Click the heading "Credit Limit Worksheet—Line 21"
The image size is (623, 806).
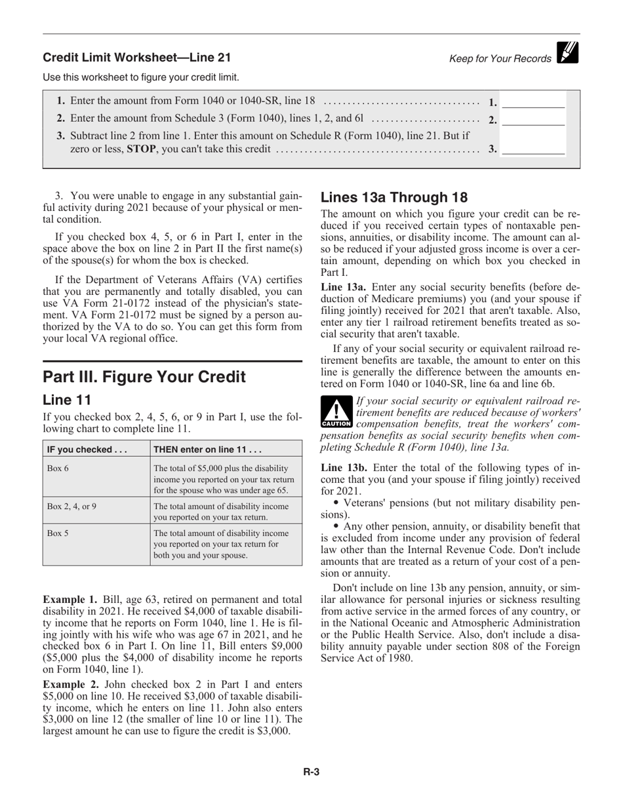[x=136, y=58]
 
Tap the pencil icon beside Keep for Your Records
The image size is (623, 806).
[x=567, y=53]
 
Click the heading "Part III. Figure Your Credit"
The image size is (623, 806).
[x=144, y=377]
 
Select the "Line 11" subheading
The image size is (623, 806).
[x=66, y=400]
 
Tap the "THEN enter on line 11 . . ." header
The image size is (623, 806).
[x=207, y=450]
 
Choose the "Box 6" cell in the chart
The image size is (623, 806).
[x=58, y=468]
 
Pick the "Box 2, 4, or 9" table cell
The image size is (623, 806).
[x=72, y=507]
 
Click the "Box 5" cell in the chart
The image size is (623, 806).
[x=58, y=533]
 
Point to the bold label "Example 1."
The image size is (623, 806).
[x=70, y=599]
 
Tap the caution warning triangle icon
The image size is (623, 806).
[x=336, y=412]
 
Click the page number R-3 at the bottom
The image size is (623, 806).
[x=311, y=772]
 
